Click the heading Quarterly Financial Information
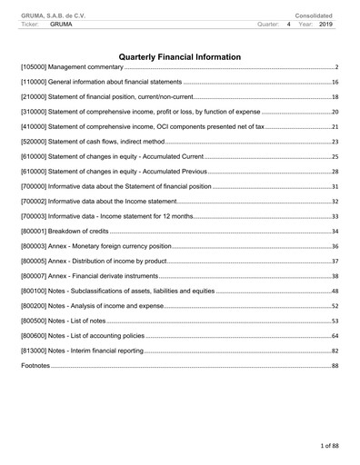pyautogui.click(x=180, y=56)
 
